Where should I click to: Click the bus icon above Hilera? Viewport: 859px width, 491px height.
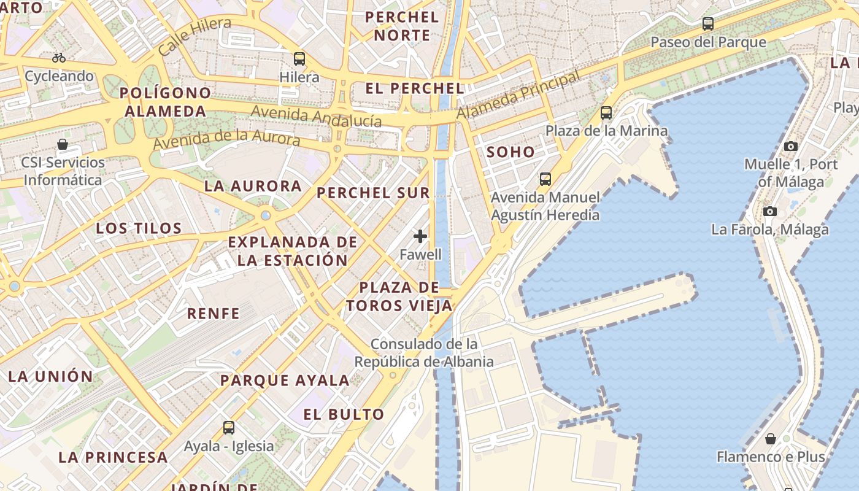[299, 59]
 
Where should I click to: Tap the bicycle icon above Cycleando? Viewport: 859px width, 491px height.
[59, 58]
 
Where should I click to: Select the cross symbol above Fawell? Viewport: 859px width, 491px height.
[420, 236]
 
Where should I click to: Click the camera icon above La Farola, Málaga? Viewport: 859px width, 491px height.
[770, 211]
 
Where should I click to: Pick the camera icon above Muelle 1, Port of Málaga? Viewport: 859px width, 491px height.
[791, 146]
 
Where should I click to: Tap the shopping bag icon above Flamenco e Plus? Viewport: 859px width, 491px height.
[771, 439]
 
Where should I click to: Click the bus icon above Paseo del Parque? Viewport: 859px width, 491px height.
[708, 24]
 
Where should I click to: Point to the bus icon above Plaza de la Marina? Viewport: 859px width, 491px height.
[606, 113]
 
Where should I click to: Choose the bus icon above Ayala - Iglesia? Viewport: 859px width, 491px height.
[229, 427]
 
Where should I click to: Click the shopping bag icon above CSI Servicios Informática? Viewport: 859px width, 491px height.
[63, 144]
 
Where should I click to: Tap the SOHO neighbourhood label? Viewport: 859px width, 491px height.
[510, 152]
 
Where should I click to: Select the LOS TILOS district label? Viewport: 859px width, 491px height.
[139, 229]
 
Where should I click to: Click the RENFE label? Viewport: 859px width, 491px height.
[213, 314]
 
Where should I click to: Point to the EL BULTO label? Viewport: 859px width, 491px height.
[344, 414]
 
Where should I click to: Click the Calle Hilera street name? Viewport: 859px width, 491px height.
[195, 37]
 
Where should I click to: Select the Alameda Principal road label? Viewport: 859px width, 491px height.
[518, 95]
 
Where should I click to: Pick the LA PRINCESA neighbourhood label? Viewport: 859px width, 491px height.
[113, 457]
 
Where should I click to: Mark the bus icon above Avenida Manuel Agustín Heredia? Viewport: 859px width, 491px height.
[545, 179]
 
